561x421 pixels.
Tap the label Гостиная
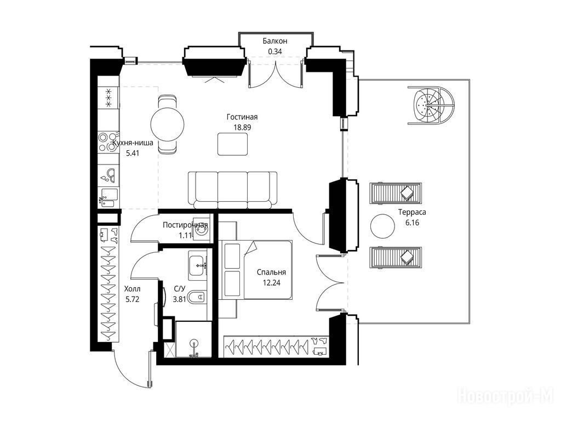point(242,117)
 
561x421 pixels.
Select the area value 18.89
point(242,127)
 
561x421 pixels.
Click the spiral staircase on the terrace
point(431,106)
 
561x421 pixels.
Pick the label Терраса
point(412,212)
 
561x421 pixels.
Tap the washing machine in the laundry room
point(201,229)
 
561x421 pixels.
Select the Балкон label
point(275,41)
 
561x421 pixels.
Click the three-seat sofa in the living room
point(233,190)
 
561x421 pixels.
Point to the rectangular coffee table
point(232,144)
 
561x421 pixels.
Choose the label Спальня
point(271,272)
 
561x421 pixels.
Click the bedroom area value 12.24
point(271,283)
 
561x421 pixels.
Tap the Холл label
point(132,289)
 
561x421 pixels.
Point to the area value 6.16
point(412,223)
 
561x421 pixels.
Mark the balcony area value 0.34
point(275,52)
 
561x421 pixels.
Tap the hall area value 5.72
point(132,299)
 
